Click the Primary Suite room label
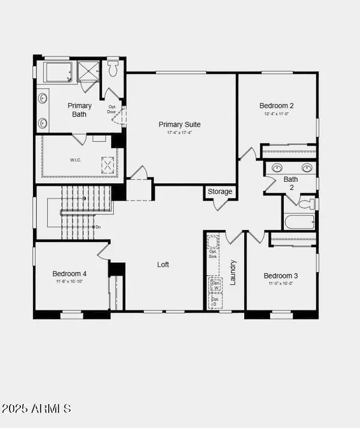click(179, 125)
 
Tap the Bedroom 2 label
click(276, 105)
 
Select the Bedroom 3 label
click(281, 276)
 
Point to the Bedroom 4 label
click(69, 272)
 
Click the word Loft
click(164, 264)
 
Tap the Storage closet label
click(220, 191)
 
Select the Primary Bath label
click(80, 109)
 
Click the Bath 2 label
click(291, 182)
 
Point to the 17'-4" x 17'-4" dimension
click(179, 133)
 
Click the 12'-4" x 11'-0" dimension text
click(277, 113)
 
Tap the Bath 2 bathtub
click(299, 222)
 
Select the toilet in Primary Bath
click(113, 70)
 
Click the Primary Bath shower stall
click(88, 71)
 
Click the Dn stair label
click(98, 227)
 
